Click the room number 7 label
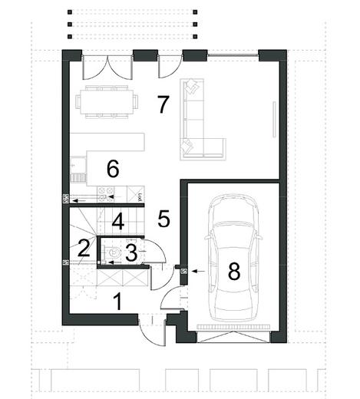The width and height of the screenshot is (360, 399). [163, 104]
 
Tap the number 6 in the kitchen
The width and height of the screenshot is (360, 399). [113, 169]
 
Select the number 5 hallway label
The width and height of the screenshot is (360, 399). [163, 219]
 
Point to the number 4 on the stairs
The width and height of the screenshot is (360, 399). [118, 222]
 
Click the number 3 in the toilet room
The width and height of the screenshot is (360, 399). [131, 252]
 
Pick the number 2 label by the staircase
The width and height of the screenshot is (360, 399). [84, 248]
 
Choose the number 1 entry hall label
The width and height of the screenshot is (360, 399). [117, 302]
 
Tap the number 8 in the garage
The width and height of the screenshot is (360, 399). [234, 271]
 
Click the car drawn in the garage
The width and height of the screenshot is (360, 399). [234, 258]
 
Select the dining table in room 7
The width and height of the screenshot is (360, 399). [107, 102]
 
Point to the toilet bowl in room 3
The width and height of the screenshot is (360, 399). [114, 252]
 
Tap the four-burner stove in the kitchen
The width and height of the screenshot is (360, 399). [106, 193]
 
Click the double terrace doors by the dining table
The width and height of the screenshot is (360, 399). [107, 67]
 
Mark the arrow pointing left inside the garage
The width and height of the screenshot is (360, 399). [198, 271]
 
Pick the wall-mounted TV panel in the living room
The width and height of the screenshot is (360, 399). [275, 120]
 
